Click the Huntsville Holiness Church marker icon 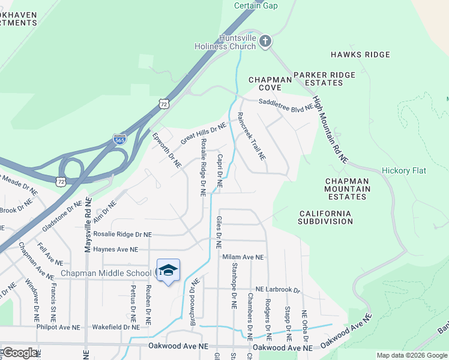click(265, 41)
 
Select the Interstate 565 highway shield click(119, 140)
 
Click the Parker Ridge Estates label click(324, 79)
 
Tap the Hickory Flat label click(404, 170)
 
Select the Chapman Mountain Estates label click(348, 188)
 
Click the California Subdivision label click(325, 217)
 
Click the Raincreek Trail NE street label click(251, 136)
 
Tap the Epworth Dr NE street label click(166, 150)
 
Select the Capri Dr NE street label click(220, 171)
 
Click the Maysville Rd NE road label click(88, 224)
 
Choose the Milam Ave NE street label click(243, 257)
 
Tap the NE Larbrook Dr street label click(277, 290)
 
